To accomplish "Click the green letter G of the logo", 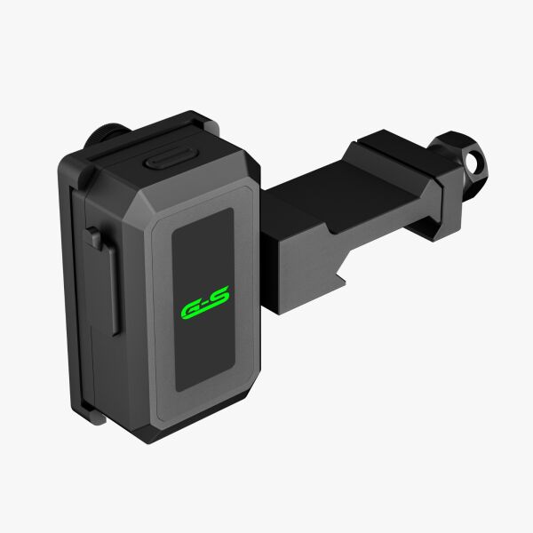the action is (x=191, y=310).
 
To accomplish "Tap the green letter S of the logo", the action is (x=217, y=297).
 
